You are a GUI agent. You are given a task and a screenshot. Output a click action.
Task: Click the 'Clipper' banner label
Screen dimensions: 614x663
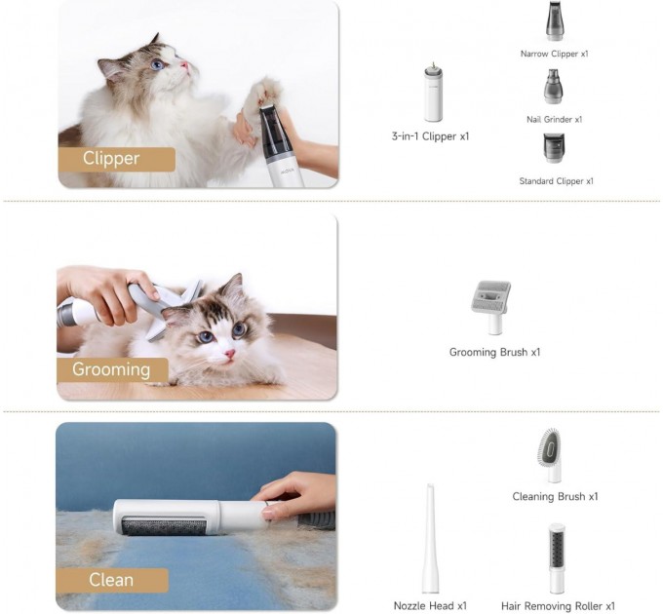point(116,159)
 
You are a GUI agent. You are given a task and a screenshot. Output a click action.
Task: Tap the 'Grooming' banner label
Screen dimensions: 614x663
point(111,369)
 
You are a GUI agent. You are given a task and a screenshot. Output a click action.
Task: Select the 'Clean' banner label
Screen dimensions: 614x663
point(112,580)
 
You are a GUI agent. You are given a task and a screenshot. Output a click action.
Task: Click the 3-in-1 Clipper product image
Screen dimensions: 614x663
point(433,94)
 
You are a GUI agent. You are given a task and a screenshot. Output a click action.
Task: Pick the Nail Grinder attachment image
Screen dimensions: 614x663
point(553,87)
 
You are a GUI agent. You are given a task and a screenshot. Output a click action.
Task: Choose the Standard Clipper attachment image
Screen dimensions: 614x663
point(555,148)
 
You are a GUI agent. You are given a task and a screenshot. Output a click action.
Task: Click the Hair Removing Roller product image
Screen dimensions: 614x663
point(557,558)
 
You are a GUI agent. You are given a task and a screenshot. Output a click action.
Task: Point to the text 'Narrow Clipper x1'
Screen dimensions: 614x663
point(554,55)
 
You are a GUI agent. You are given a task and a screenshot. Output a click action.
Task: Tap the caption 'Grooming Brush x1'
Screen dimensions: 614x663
point(494,352)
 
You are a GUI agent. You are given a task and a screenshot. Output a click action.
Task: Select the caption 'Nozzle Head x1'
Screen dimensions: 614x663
point(430,606)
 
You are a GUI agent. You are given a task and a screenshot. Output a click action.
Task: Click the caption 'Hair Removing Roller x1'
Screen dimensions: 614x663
point(558,606)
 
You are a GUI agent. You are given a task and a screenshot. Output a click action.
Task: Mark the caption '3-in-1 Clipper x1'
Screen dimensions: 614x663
point(430,136)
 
